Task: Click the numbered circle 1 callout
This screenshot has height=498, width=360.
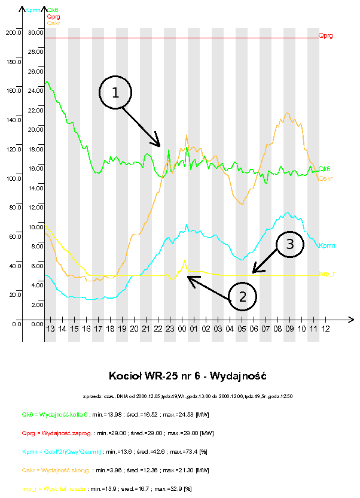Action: pos(115,93)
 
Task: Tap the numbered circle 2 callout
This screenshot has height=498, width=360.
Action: pos(242,296)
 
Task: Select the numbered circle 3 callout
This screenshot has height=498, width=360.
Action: pos(289,244)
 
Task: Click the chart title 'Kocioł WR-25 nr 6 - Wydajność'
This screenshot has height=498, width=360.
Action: pos(187,376)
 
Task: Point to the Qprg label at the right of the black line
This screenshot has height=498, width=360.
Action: pos(326,36)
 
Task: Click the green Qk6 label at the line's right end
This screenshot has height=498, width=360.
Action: pos(325,169)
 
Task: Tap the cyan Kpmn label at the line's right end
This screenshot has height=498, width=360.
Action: pos(327,245)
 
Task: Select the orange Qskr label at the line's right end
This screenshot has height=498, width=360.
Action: pos(326,178)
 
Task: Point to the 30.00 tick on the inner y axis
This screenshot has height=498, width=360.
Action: pos(36,32)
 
